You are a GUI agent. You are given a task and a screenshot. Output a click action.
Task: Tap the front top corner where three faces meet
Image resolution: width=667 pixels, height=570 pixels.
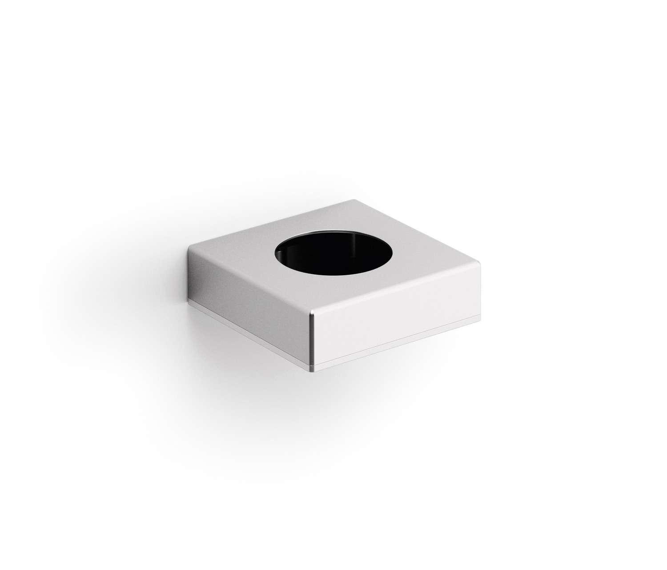tap(314, 312)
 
